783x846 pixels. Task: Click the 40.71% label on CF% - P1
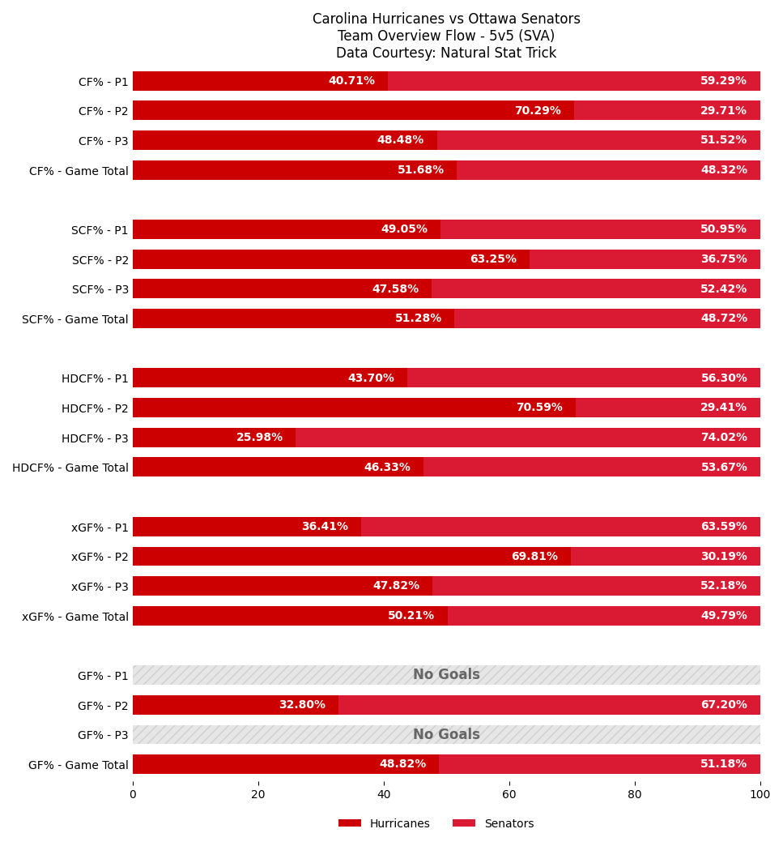351,81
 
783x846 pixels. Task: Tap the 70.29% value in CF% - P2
537,111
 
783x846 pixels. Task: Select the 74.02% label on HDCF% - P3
723,438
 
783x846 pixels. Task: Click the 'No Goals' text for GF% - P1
446,675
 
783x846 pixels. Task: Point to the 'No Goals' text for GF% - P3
446,735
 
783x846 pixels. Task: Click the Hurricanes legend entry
384,823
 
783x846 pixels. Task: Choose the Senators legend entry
493,823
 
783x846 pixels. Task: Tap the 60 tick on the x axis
509,795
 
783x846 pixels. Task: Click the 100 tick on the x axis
760,795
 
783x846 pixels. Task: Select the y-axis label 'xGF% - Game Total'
75,617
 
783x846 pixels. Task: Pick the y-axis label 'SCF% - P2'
100,260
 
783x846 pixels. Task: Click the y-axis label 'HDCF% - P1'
95,378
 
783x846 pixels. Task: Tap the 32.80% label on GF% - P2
301,705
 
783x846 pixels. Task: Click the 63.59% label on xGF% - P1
723,527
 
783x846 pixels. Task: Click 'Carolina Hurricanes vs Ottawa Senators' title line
446,19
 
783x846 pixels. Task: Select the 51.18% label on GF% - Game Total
723,764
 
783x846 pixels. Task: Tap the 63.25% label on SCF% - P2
492,259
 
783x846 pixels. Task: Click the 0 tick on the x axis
133,795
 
